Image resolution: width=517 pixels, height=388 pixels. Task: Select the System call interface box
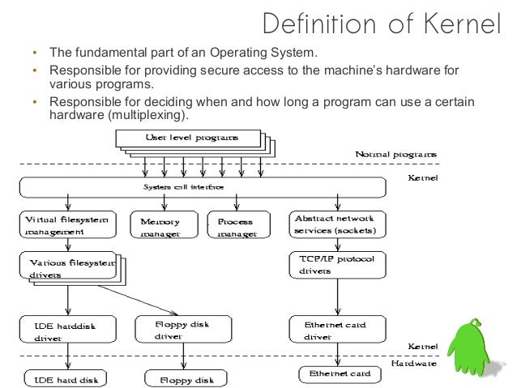click(178, 188)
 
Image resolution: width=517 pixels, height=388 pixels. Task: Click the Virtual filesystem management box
click(66, 225)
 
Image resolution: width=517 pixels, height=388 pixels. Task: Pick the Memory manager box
click(160, 227)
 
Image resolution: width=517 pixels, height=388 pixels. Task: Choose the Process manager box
click(235, 226)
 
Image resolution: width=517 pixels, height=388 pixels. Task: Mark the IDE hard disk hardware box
click(63, 378)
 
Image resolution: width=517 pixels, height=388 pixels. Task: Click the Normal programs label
click(395, 154)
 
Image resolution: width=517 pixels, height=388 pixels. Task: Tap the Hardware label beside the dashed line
click(414, 364)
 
